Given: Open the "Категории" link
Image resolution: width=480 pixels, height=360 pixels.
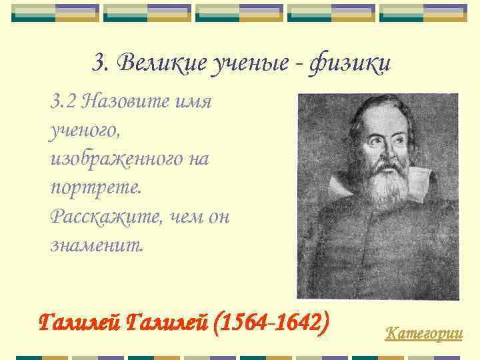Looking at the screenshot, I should [424, 332].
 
